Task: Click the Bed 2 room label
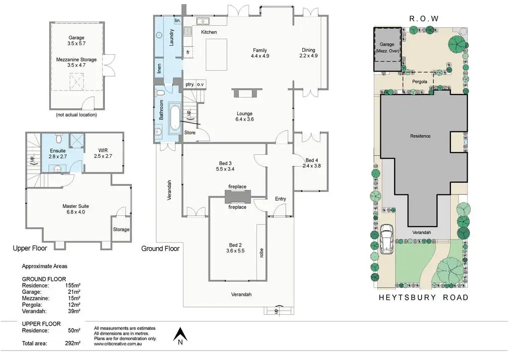coord(235,248)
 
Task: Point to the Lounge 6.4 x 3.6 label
coord(245,116)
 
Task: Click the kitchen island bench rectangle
coord(216,55)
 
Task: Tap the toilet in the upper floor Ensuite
coord(59,138)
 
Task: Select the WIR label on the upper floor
coord(103,150)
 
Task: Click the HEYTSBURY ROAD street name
coord(424,297)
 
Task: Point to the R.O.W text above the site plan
coord(424,19)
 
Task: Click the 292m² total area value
coord(73,343)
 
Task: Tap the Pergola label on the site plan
coord(420,82)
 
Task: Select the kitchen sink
coord(203,21)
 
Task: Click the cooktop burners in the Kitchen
coord(187,31)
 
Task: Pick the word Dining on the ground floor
coord(308,50)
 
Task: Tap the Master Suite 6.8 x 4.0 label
coord(76,209)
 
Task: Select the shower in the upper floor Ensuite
coord(77,141)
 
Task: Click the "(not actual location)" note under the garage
coord(76,114)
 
